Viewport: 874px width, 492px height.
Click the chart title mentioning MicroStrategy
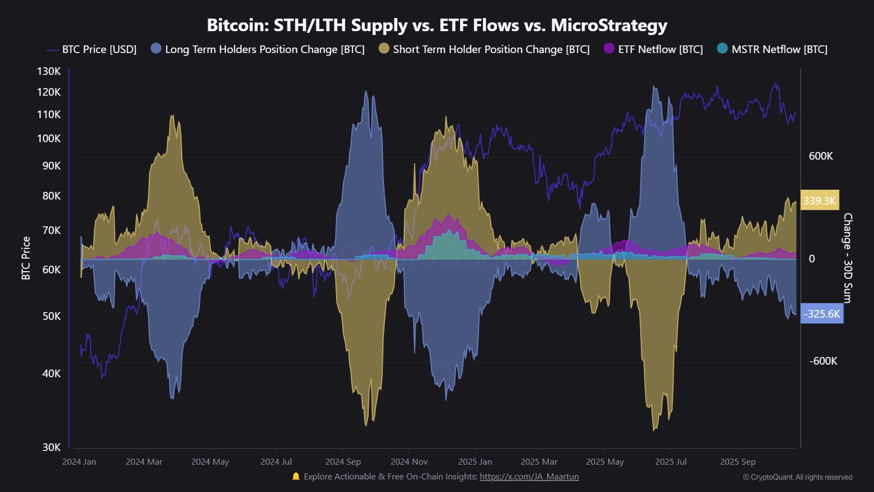click(437, 25)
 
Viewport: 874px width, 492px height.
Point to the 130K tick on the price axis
click(49, 71)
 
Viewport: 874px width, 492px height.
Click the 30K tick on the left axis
click(51, 447)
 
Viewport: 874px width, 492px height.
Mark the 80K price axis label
click(51, 196)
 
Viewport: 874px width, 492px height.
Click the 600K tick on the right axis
click(820, 156)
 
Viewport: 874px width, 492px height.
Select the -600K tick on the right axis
click(823, 361)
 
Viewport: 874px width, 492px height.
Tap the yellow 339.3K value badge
click(819, 201)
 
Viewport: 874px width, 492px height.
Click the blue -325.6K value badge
click(822, 314)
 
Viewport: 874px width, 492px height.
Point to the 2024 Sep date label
click(343, 462)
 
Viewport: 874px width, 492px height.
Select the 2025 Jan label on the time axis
click(475, 462)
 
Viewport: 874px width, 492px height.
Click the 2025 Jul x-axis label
click(671, 462)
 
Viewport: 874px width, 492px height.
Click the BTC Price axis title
click(26, 258)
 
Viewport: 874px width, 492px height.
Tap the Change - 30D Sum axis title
click(847, 258)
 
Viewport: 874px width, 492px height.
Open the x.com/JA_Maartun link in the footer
click(529, 477)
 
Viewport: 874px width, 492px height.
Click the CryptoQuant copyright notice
click(798, 477)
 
